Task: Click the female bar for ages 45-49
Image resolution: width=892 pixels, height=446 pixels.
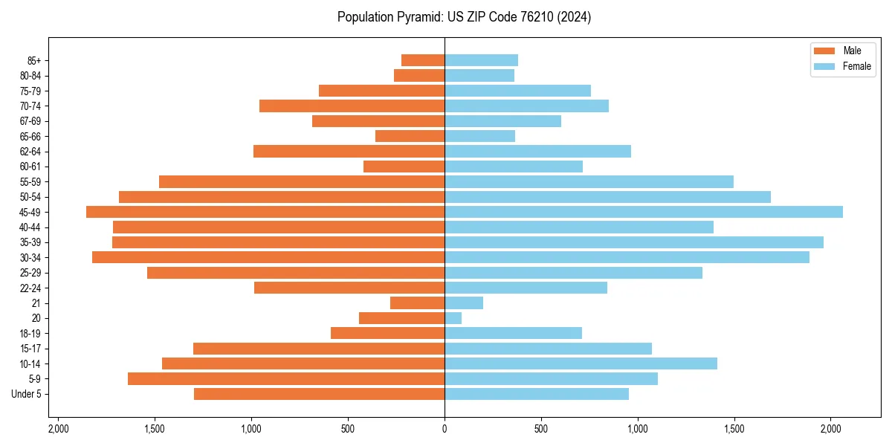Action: (x=643, y=212)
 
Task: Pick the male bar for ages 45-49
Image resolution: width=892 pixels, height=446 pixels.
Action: (x=265, y=212)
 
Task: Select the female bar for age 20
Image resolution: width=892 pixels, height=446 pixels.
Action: (x=453, y=318)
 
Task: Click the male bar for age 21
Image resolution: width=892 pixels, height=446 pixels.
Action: (x=417, y=303)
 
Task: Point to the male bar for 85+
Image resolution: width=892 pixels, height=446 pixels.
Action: (x=423, y=60)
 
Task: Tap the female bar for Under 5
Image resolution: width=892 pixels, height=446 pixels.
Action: (x=537, y=394)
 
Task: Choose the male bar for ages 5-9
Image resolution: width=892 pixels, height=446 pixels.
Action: (x=286, y=379)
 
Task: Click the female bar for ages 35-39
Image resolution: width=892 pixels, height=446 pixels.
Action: (x=633, y=242)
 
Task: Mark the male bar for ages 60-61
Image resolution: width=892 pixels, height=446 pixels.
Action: (x=404, y=167)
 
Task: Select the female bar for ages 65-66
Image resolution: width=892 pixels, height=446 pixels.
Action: (x=479, y=136)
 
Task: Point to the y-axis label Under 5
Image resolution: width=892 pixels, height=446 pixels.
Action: (x=26, y=394)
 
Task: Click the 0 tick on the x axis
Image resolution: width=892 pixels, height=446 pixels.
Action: (x=445, y=429)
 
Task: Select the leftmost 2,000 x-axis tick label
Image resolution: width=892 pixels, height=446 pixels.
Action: (x=58, y=429)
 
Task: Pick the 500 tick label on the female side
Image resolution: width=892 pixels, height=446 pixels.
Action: (x=541, y=429)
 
